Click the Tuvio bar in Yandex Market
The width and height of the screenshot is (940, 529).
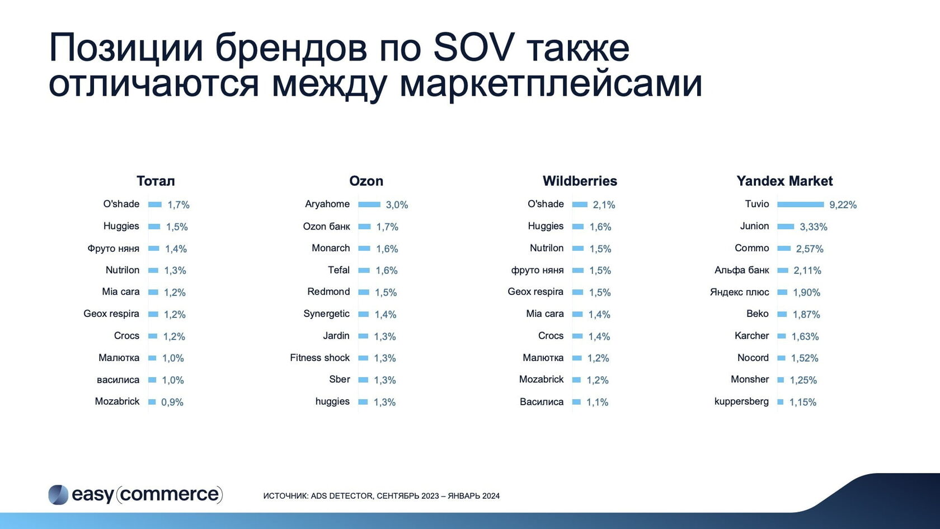[x=800, y=204]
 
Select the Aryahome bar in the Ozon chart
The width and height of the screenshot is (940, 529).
[x=369, y=204]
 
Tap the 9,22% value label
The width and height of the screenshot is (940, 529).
[x=843, y=205]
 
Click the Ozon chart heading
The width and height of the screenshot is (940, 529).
[x=366, y=181]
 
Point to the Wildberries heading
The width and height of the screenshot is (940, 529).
[x=580, y=181]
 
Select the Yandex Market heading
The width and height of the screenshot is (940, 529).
[x=784, y=181]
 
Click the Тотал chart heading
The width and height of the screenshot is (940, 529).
[x=156, y=181]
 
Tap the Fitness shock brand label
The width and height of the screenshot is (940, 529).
[x=320, y=358]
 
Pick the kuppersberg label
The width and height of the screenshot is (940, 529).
[x=741, y=401]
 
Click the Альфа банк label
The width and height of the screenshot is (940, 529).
[x=742, y=270]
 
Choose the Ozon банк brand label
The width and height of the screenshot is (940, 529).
[x=327, y=226]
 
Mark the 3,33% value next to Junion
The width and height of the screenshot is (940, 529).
[x=814, y=227]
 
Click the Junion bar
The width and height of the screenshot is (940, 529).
[x=786, y=226]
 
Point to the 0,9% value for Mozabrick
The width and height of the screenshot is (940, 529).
[x=172, y=402]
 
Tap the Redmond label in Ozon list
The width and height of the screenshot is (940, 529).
[x=328, y=292]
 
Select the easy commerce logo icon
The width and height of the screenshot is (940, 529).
[x=58, y=495]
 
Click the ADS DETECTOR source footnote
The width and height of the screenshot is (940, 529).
[x=382, y=496]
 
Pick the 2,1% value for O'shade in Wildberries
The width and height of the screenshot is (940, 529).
[x=604, y=205]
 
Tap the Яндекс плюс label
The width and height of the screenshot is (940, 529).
[x=740, y=292]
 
